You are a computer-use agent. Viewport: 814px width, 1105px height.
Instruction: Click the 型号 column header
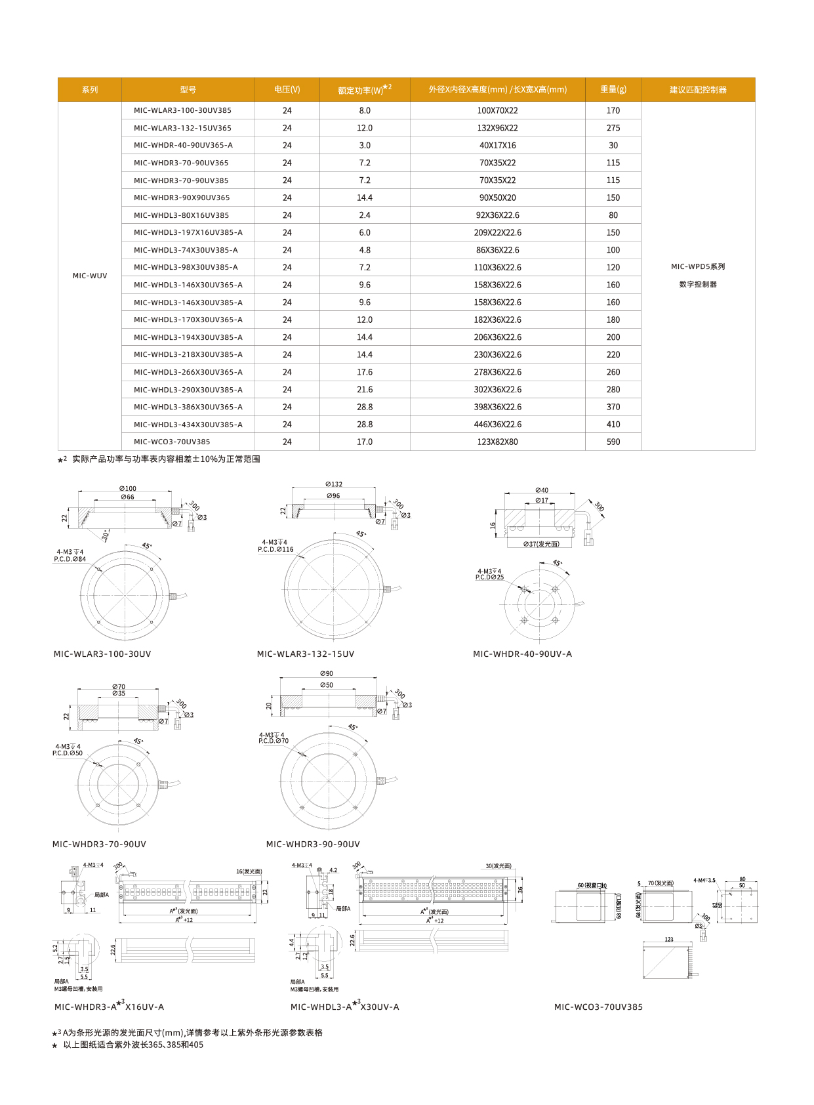(188, 90)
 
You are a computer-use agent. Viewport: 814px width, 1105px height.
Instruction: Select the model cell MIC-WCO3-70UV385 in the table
(172, 442)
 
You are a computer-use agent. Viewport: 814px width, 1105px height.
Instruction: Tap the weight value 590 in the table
(613, 442)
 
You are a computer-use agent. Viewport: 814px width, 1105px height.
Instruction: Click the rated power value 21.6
(365, 390)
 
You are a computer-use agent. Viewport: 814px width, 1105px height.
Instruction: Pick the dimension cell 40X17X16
(497, 146)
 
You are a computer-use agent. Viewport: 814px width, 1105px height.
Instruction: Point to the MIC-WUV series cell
(90, 276)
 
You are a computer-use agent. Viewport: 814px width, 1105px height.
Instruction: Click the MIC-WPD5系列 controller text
(698, 267)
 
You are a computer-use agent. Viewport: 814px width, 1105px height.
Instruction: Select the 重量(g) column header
(613, 90)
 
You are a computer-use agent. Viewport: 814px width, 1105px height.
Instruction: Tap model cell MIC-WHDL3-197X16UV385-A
(188, 233)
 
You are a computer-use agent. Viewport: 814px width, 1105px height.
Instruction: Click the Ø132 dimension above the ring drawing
(334, 484)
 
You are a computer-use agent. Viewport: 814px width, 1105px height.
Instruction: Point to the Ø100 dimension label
(128, 489)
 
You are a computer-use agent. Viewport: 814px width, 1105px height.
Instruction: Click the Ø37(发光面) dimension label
(541, 544)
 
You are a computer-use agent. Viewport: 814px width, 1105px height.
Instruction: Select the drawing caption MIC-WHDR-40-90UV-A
(522, 654)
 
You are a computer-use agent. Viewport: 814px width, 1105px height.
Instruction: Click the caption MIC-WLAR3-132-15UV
(306, 654)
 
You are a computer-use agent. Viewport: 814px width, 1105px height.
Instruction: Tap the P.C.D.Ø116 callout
(275, 550)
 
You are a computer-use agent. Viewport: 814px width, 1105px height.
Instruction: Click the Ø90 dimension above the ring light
(327, 674)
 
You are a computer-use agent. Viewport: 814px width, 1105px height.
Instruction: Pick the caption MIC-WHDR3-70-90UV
(99, 844)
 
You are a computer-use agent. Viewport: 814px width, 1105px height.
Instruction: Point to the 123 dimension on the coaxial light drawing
(669, 940)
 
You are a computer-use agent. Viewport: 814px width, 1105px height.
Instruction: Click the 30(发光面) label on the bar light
(499, 866)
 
